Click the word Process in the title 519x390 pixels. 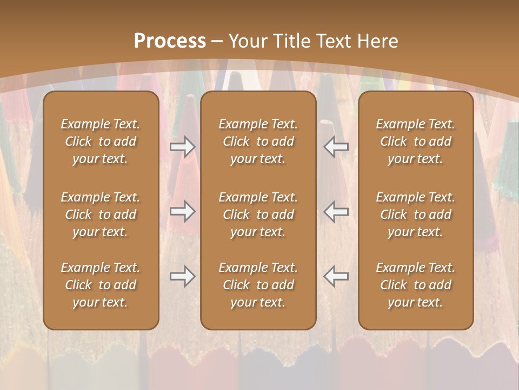click(x=170, y=41)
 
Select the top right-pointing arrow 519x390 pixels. click(x=183, y=147)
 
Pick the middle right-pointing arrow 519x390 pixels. click(x=183, y=211)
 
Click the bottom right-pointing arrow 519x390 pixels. click(x=183, y=276)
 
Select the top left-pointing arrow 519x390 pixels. click(x=336, y=147)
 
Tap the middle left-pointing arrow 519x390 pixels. click(x=336, y=211)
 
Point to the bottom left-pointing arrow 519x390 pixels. click(x=336, y=276)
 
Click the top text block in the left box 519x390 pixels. click(x=101, y=141)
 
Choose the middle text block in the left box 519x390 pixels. click(x=101, y=214)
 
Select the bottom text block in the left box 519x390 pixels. click(x=101, y=285)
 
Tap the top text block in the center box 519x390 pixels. click(x=258, y=141)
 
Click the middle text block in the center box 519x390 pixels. click(x=258, y=214)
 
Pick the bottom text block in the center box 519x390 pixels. click(x=258, y=285)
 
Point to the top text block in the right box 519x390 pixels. click(x=415, y=141)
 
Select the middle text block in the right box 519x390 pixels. click(x=415, y=214)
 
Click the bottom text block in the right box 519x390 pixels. click(x=415, y=285)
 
